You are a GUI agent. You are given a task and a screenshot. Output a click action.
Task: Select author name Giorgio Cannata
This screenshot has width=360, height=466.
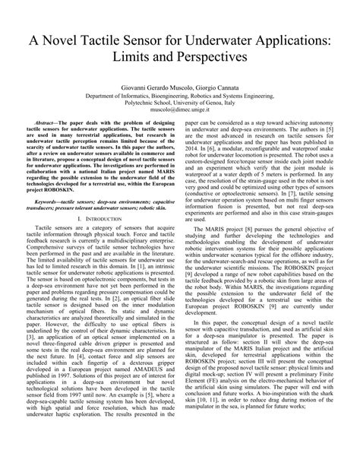[x=230, y=89]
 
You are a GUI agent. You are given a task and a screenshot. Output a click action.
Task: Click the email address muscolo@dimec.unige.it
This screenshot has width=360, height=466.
[x=180, y=119]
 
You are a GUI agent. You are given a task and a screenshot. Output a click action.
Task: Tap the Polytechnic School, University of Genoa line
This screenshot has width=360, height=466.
[x=180, y=109]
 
